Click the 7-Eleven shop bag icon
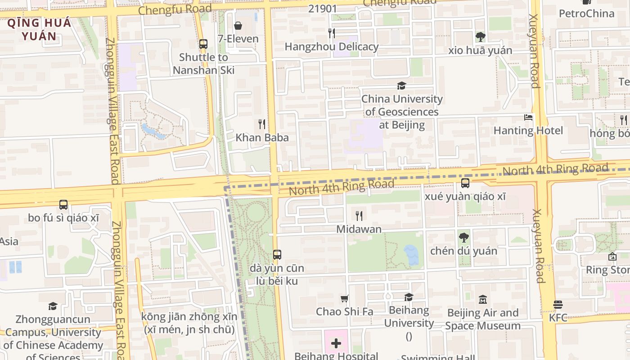tap(238, 26)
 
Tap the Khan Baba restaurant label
tap(262, 138)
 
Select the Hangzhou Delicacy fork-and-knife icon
tap(332, 33)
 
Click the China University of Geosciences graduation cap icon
tap(401, 85)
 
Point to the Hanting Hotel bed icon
tap(528, 117)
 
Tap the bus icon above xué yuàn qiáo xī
tap(465, 183)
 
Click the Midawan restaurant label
tap(359, 229)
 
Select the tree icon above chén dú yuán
tap(463, 238)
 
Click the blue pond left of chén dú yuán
tap(411, 255)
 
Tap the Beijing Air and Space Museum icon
tap(483, 299)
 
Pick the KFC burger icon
tap(558, 305)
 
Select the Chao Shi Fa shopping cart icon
tap(345, 298)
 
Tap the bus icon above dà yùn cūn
tap(277, 255)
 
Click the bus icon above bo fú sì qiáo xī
tap(63, 205)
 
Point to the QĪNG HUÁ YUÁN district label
tap(39, 30)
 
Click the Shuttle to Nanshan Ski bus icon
tap(203, 44)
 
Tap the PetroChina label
tap(586, 13)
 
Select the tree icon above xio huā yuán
tap(480, 37)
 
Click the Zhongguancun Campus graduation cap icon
tap(53, 306)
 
